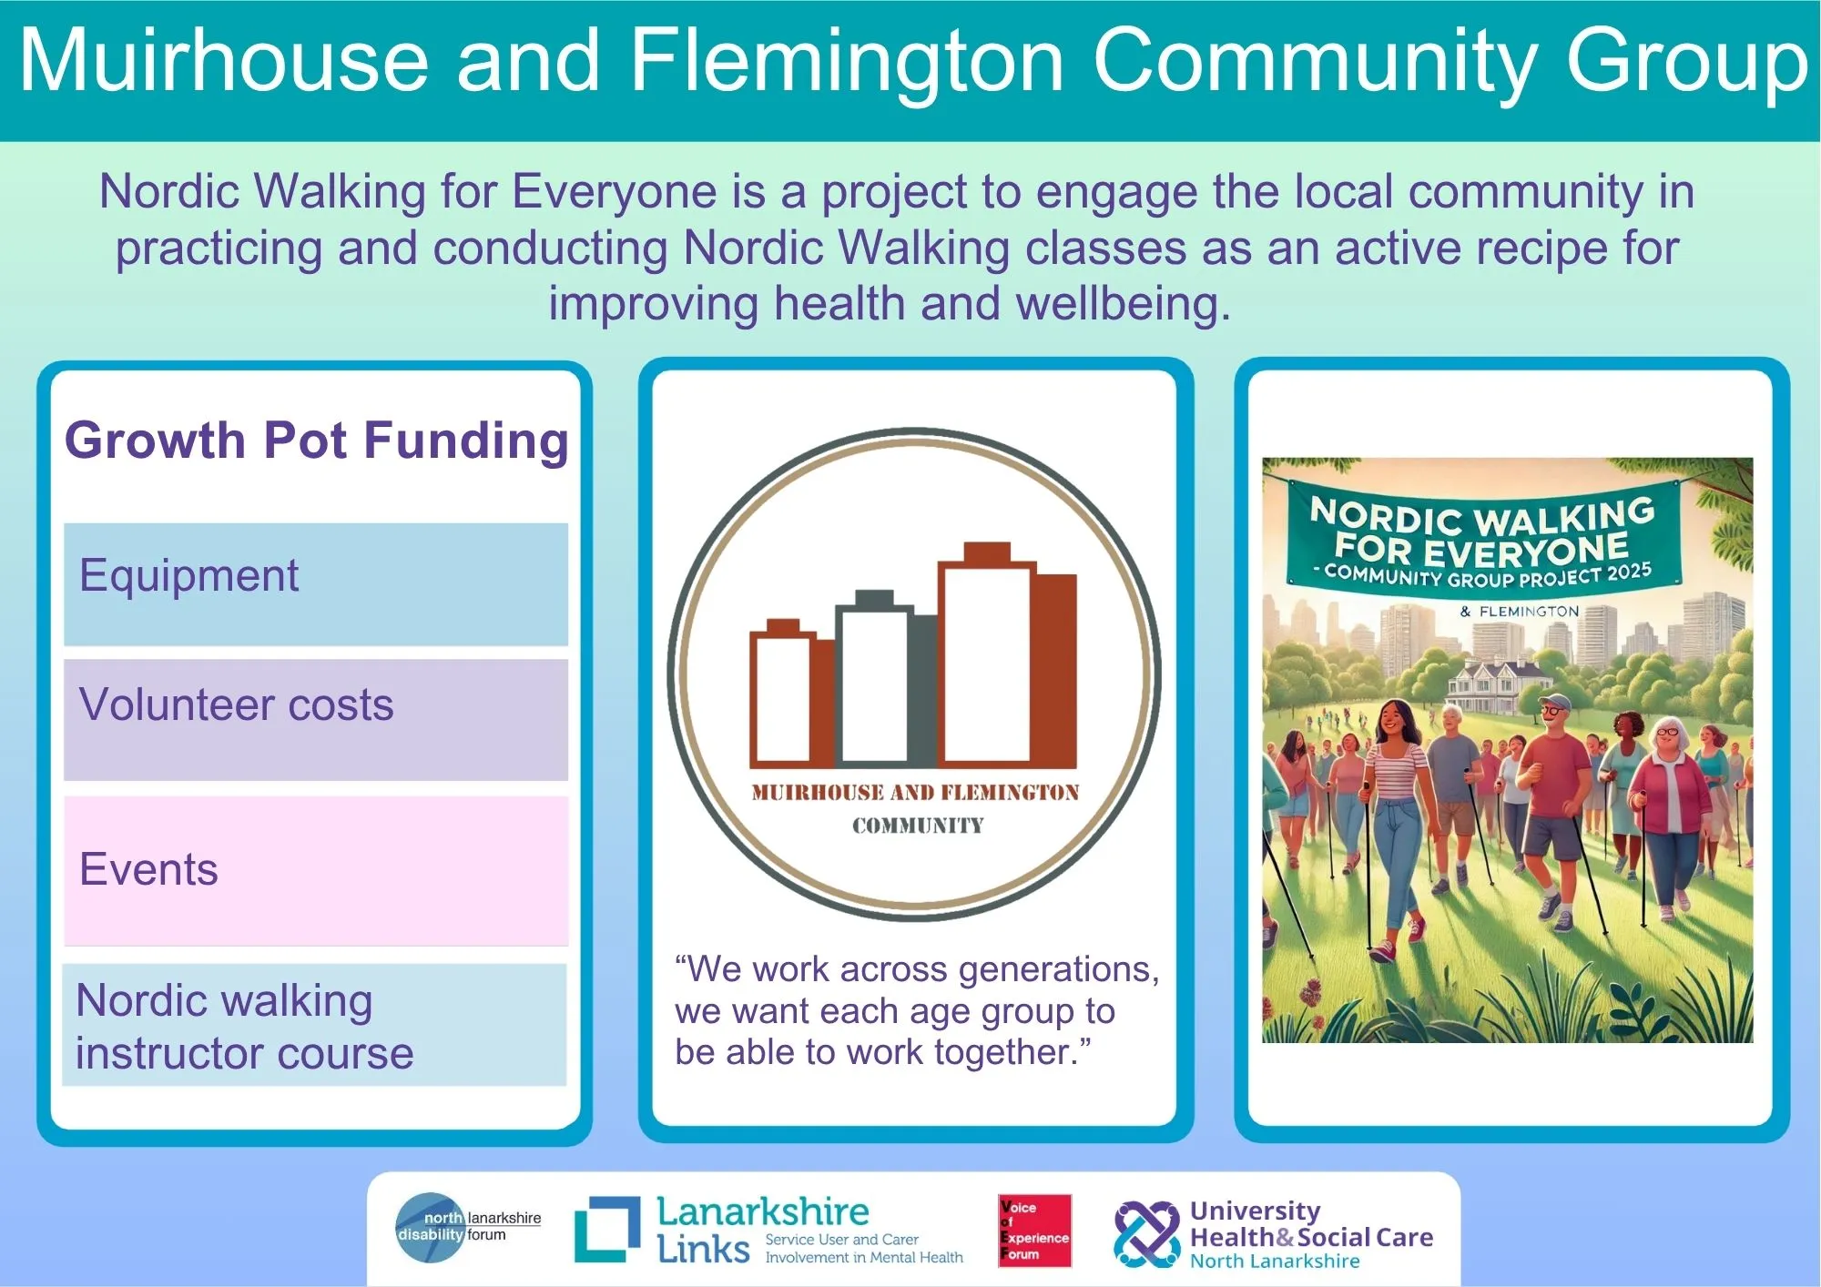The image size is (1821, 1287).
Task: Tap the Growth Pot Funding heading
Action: (x=316, y=441)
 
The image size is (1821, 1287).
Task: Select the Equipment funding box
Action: (x=316, y=583)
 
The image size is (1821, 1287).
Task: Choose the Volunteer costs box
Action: (x=316, y=719)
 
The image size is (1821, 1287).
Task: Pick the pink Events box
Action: (x=316, y=871)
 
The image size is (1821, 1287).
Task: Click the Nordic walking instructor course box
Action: (x=314, y=1025)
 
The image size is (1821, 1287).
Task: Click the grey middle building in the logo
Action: (x=885, y=678)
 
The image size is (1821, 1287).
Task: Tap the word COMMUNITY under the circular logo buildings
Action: (x=918, y=826)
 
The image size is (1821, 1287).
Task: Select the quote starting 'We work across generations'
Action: (x=917, y=1010)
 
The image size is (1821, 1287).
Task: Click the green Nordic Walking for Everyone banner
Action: (x=1482, y=538)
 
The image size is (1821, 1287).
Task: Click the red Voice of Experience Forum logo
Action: (x=1034, y=1231)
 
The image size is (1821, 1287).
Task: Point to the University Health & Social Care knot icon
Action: (x=1147, y=1234)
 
